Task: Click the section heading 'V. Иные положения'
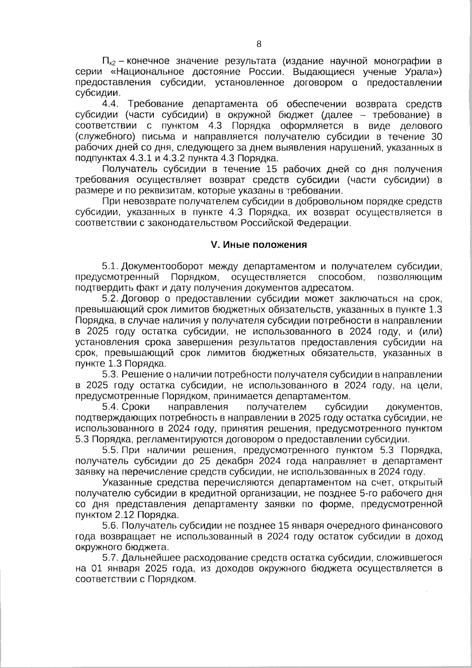point(259,244)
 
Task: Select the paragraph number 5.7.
point(110,558)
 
